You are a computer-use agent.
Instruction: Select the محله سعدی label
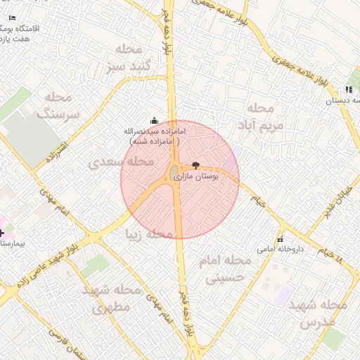[121, 162]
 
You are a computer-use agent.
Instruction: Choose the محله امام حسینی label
[224, 269]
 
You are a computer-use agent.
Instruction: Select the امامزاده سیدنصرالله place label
[154, 136]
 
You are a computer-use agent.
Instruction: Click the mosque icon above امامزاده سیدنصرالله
[154, 121]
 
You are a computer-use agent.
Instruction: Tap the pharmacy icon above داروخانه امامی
[281, 237]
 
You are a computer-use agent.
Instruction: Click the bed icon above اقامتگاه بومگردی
[11, 17]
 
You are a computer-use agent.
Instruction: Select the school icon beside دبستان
[348, 89]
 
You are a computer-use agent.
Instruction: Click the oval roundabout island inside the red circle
[174, 173]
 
